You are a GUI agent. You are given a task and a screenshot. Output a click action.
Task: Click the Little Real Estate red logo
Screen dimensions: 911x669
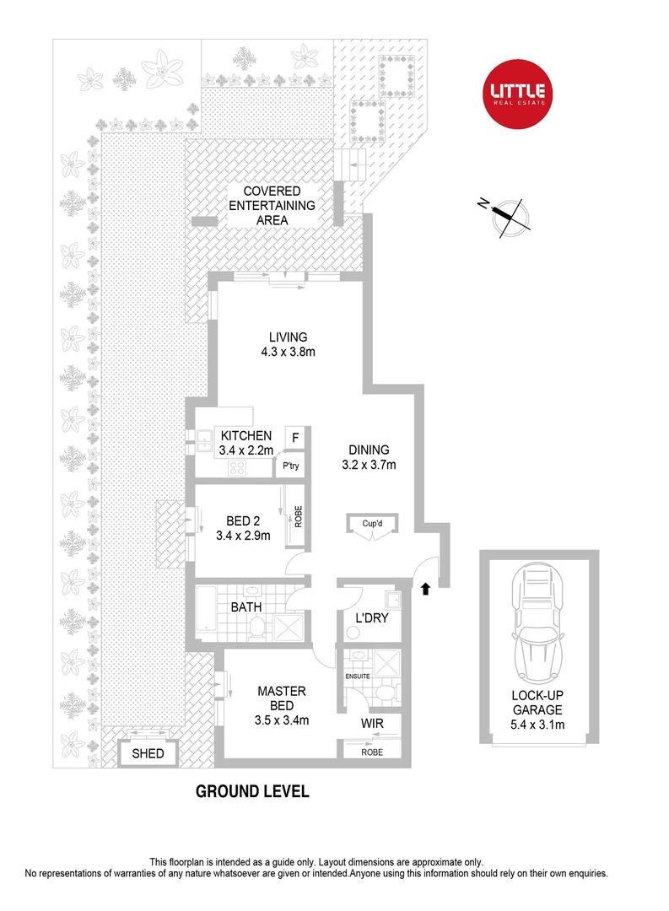point(518,94)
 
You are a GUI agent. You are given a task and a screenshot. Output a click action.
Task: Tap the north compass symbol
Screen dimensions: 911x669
point(509,213)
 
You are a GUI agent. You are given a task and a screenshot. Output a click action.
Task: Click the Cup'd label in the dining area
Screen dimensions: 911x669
point(373,523)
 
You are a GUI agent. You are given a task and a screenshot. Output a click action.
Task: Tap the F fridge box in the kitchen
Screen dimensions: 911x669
point(295,437)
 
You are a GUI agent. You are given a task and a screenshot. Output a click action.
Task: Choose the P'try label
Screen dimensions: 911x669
point(292,466)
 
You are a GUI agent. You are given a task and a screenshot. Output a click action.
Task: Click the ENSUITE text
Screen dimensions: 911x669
point(358,675)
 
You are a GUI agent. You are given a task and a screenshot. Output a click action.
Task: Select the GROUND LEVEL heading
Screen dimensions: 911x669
point(252,792)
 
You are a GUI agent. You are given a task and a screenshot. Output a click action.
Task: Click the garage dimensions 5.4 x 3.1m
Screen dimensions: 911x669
point(537,725)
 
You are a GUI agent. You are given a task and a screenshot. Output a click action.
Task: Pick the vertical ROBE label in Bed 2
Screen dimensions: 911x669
point(298,515)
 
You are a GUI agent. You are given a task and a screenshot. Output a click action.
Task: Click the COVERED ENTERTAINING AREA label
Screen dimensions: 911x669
point(272,206)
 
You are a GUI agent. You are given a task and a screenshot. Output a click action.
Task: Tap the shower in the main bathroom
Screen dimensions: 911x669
point(289,624)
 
